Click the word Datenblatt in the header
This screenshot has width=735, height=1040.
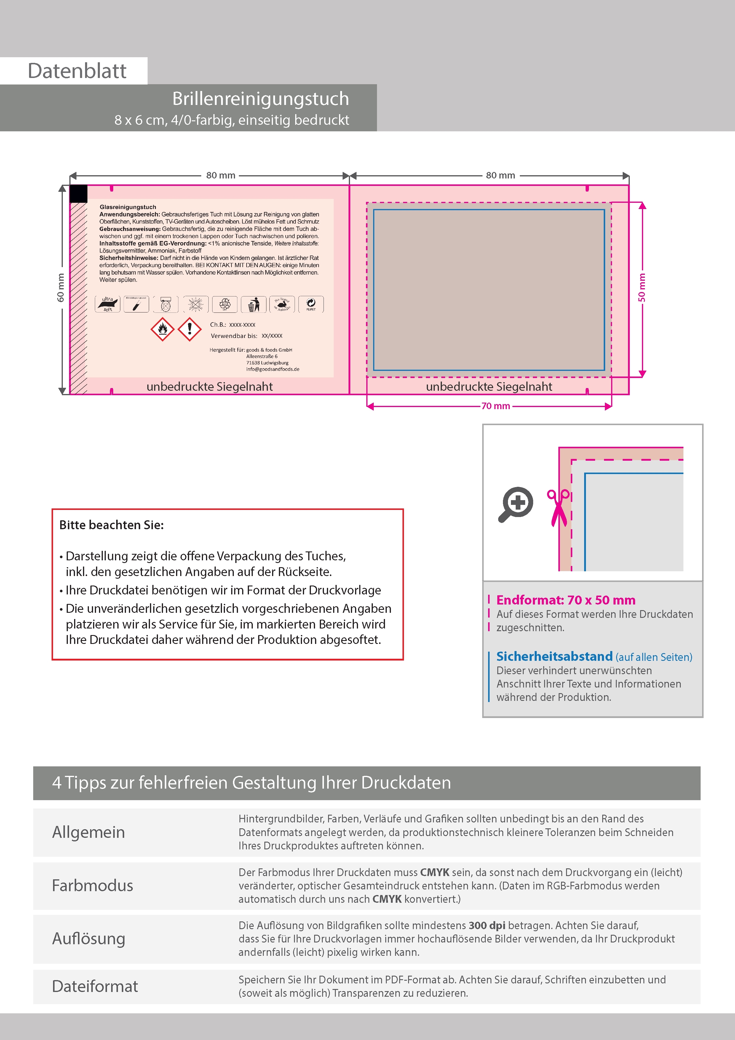pyautogui.click(x=77, y=71)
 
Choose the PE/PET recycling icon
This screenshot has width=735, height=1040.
pyautogui.click(x=311, y=304)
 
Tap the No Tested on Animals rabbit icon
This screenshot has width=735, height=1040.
pyautogui.click(x=282, y=304)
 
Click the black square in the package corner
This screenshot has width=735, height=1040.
pyautogui.click(x=78, y=193)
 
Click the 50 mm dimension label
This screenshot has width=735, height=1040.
pyautogui.click(x=642, y=287)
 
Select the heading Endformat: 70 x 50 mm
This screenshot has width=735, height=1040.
pyautogui.click(x=566, y=600)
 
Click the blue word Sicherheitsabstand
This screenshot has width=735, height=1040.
pyautogui.click(x=554, y=656)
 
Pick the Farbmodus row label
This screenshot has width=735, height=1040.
pyautogui.click(x=92, y=886)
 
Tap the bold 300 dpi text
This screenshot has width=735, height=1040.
pyautogui.click(x=487, y=925)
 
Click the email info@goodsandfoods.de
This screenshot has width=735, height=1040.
pyautogui.click(x=273, y=369)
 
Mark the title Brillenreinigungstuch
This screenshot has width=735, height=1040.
pyautogui.click(x=261, y=99)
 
